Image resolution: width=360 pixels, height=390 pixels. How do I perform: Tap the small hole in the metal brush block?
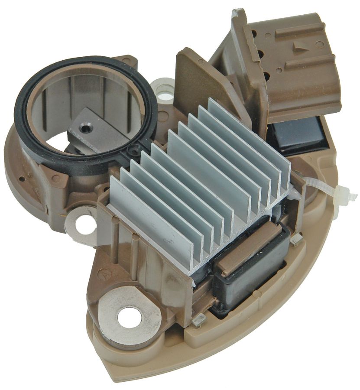(x=87, y=129)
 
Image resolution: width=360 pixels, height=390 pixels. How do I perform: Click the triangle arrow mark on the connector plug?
(x=298, y=47)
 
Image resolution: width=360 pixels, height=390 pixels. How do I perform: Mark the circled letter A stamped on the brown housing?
(x=105, y=274)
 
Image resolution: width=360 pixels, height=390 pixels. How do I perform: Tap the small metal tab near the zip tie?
(x=297, y=238)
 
